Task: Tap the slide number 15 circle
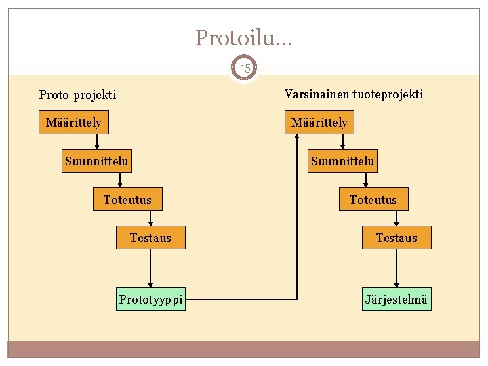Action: tap(244, 68)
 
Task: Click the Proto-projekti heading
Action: tap(77, 95)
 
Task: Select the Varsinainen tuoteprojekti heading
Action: tap(353, 94)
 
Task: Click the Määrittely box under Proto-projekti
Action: tap(74, 123)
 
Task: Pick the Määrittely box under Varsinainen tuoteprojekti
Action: tap(319, 123)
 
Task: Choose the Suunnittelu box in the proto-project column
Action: tap(96, 161)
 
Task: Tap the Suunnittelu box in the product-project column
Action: tap(342, 161)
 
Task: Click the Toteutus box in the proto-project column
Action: tap(127, 200)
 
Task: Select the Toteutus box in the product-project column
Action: tap(373, 200)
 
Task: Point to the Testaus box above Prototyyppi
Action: tap(150, 238)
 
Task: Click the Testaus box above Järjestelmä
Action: tap(396, 238)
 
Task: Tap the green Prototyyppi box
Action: tap(150, 300)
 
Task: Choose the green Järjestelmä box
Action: tap(396, 300)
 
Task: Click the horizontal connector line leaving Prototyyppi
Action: tap(241, 300)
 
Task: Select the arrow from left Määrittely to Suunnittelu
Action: tap(97, 142)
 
